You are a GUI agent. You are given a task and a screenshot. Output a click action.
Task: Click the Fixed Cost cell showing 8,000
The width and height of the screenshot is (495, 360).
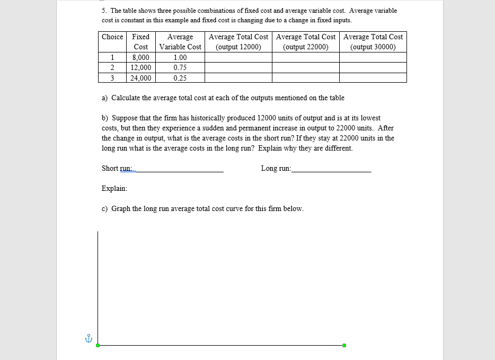pyautogui.click(x=140, y=57)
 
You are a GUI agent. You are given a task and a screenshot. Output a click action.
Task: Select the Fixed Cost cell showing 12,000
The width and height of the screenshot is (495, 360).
pyautogui.click(x=140, y=67)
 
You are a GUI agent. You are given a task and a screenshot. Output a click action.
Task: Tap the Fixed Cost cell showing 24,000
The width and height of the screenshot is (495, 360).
pyautogui.click(x=140, y=78)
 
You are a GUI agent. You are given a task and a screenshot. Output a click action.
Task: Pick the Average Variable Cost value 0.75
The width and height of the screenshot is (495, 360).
pyautogui.click(x=180, y=67)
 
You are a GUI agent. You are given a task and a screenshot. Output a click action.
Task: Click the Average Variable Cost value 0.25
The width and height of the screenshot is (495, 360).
pyautogui.click(x=180, y=78)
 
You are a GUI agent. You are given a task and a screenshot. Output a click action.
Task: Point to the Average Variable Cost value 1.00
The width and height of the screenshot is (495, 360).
pyautogui.click(x=180, y=57)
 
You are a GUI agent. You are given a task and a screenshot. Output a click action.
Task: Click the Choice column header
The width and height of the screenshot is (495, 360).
pyautogui.click(x=112, y=37)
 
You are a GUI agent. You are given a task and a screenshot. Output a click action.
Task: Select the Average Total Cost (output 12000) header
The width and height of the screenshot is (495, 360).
pyautogui.click(x=238, y=41)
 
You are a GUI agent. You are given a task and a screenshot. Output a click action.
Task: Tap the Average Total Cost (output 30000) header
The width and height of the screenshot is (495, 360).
pyautogui.click(x=373, y=41)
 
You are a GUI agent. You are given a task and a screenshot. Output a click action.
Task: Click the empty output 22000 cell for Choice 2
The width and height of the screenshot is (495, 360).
pyautogui.click(x=306, y=67)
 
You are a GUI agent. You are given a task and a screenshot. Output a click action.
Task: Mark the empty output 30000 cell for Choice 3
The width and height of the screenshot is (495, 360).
pyautogui.click(x=373, y=78)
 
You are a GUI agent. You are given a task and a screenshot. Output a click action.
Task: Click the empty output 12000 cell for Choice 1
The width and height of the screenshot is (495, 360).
pyautogui.click(x=238, y=57)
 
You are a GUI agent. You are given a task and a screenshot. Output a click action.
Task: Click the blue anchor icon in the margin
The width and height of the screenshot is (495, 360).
pyautogui.click(x=89, y=338)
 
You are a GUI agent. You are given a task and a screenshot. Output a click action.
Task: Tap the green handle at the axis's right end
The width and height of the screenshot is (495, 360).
pyautogui.click(x=344, y=345)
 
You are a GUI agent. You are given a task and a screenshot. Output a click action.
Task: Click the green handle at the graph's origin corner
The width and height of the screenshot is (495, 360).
pyautogui.click(x=98, y=345)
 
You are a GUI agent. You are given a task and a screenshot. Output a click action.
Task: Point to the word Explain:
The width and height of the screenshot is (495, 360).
pyautogui.click(x=114, y=188)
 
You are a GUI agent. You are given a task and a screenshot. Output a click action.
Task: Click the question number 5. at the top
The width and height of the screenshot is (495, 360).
pyautogui.click(x=104, y=11)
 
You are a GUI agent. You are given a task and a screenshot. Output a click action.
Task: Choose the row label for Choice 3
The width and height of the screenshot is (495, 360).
pyautogui.click(x=112, y=78)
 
